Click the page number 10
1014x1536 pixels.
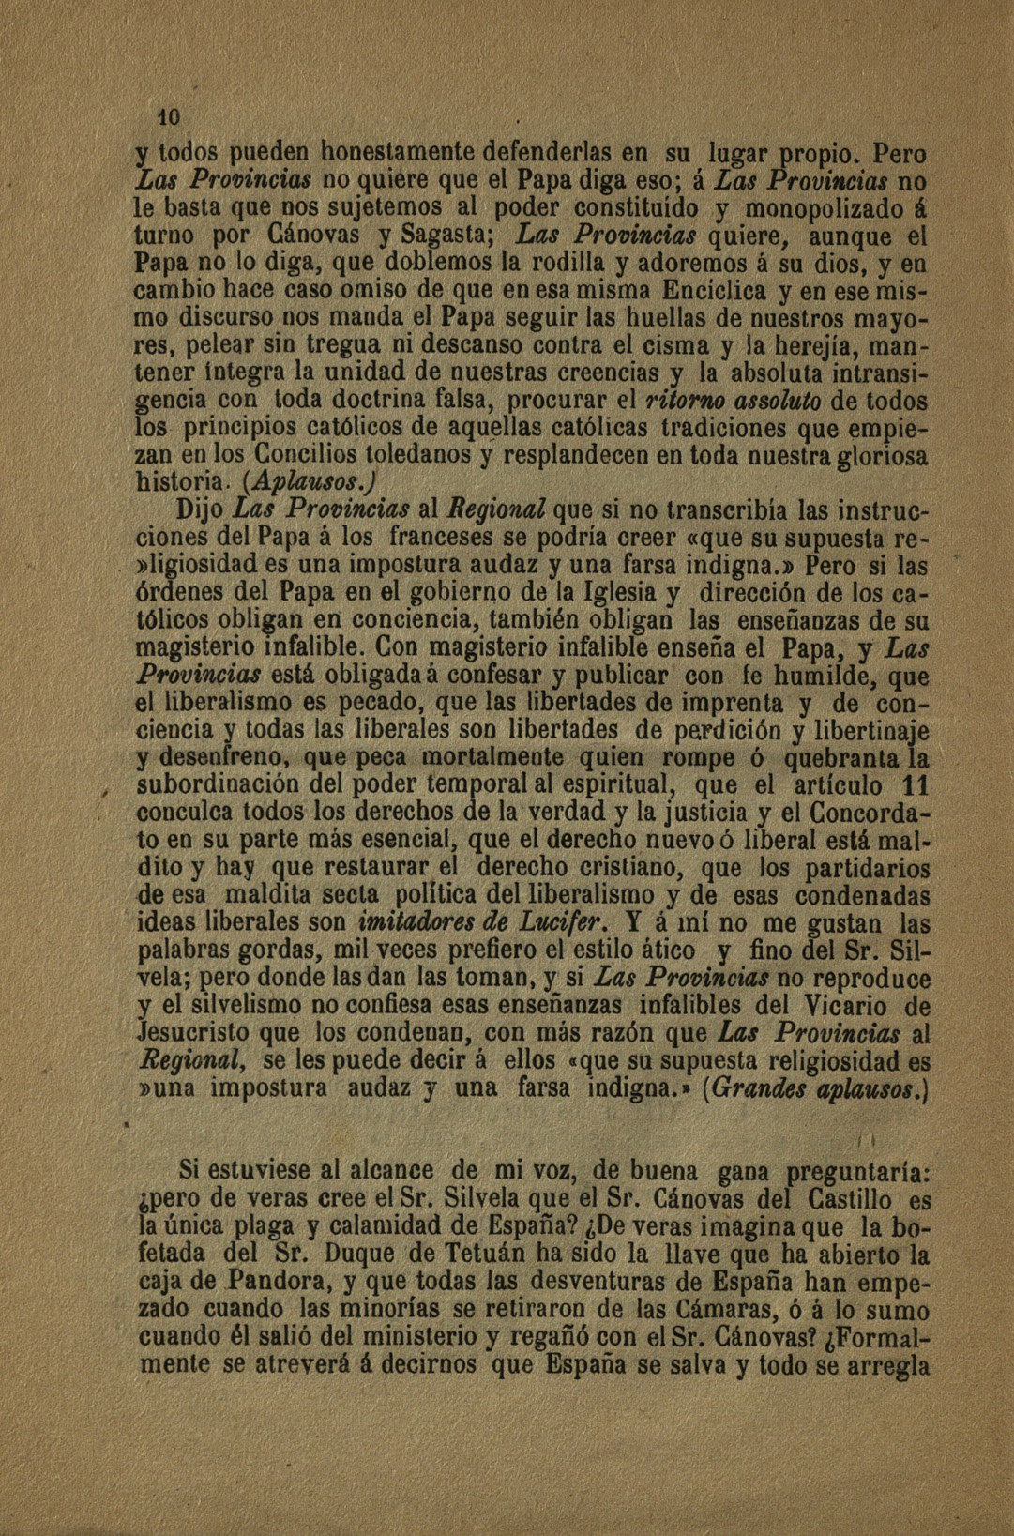168,117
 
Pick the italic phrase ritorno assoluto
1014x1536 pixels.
735,402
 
